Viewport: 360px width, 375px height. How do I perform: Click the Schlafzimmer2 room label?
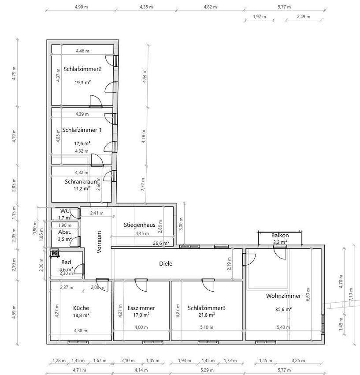[82, 69]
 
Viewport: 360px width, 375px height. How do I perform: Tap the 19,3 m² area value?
[82, 82]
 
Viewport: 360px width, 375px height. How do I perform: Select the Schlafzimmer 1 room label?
[82, 130]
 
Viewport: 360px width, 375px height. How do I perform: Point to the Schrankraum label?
[82, 181]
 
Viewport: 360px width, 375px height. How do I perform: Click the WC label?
[64, 211]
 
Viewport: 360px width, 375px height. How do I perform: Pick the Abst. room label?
[65, 232]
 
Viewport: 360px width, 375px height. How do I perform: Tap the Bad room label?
[66, 262]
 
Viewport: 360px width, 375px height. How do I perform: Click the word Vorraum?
[99, 242]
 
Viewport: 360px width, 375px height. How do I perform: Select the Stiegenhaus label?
[140, 225]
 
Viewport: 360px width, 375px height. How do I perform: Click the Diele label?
[166, 263]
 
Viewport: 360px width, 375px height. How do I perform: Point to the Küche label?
[81, 308]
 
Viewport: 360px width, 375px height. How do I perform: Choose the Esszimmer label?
[141, 308]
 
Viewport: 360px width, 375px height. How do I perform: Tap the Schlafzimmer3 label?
[206, 308]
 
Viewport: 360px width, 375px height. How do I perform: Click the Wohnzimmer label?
[283, 296]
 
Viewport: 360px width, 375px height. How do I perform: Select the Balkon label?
[280, 235]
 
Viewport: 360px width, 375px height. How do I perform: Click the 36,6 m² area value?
[161, 243]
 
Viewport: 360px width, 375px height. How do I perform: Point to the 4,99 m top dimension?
[81, 7]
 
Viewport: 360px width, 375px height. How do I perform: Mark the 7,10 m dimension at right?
[351, 294]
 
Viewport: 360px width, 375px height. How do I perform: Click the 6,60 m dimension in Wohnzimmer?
[308, 294]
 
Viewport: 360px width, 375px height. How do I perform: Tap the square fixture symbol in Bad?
[55, 253]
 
